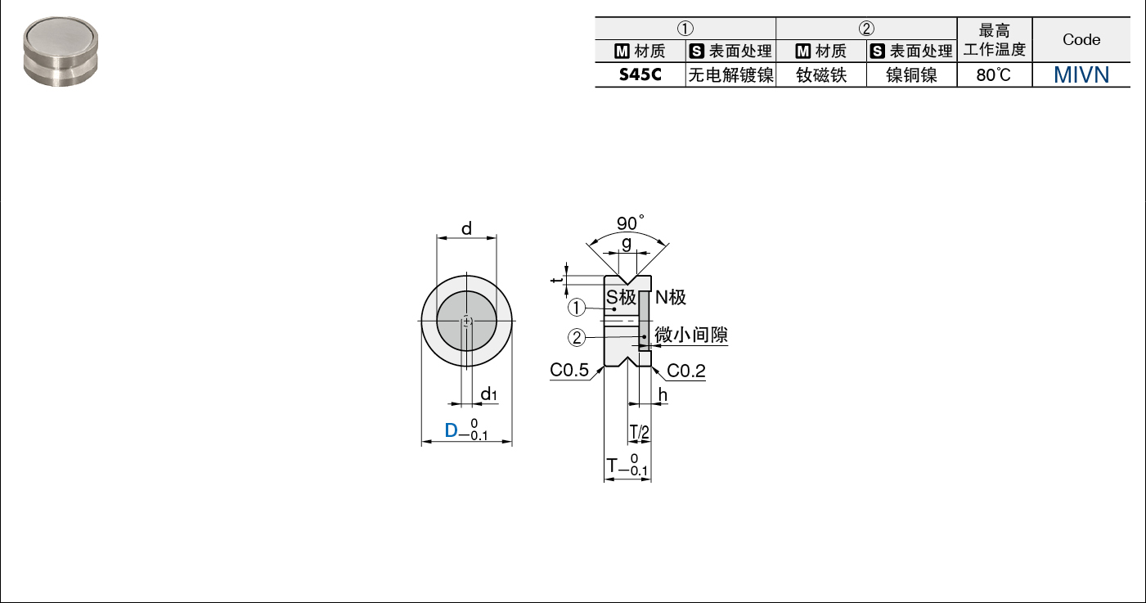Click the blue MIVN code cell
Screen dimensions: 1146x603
tap(1081, 75)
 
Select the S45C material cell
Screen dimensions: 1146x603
tap(640, 75)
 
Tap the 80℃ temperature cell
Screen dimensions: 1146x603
tap(994, 75)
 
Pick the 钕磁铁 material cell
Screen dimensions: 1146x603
tap(821, 75)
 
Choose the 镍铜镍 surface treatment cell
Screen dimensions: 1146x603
tap(911, 75)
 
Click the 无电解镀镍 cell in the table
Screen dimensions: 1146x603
tap(730, 75)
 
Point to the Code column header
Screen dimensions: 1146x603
tap(1081, 39)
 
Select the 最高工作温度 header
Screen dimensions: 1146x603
tap(995, 40)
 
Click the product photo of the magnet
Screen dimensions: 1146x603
tap(61, 52)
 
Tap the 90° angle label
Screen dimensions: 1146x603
tap(631, 223)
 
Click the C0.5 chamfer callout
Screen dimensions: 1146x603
tap(569, 370)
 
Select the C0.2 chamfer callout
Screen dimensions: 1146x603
tap(686, 371)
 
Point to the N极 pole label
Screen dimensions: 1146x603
tap(670, 297)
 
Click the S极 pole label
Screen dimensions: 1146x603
tap(621, 297)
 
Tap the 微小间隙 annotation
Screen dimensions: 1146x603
tap(690, 335)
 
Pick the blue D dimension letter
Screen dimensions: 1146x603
tap(451, 430)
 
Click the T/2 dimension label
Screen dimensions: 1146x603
tap(639, 433)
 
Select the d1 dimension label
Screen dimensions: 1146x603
tap(488, 394)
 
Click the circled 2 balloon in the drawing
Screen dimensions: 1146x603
tap(577, 337)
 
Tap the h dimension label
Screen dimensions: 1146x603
tap(663, 394)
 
